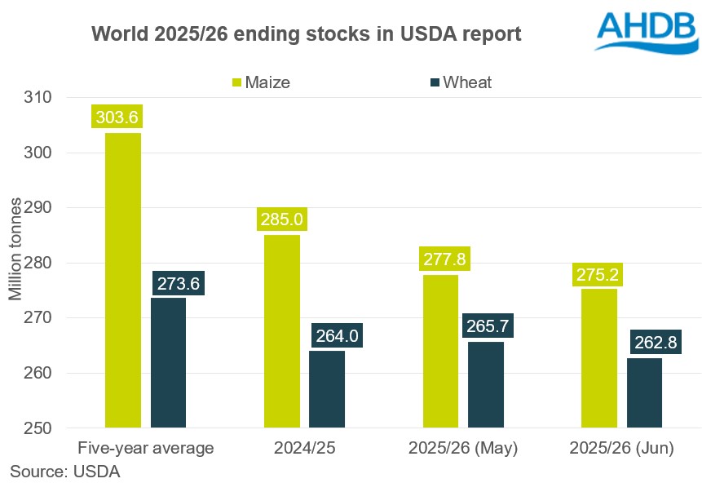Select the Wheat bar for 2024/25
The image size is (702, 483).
[327, 389]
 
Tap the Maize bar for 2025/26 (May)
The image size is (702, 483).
[439, 351]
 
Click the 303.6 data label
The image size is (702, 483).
[117, 117]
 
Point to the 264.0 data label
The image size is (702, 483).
[334, 335]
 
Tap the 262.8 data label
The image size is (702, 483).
[655, 343]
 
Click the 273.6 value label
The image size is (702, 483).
[176, 283]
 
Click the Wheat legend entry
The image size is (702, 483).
[461, 82]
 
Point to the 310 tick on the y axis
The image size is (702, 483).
[60, 97]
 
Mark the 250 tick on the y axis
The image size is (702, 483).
[60, 428]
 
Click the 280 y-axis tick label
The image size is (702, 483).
[60, 263]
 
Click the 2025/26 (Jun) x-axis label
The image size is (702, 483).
[622, 448]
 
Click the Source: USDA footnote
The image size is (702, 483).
[64, 470]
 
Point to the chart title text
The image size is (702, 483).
[306, 34]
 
